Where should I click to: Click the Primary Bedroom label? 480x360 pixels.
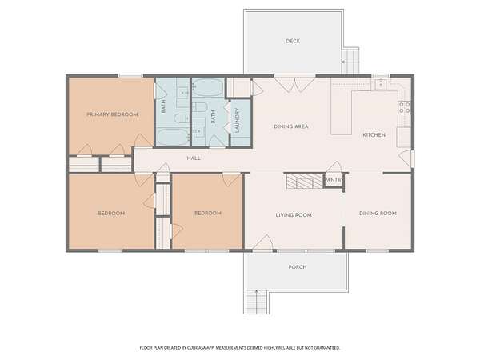(112, 114)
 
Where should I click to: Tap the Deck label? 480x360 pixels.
(293, 41)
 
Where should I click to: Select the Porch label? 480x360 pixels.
(298, 267)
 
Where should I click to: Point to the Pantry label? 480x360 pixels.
(334, 180)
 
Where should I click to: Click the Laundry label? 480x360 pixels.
(237, 120)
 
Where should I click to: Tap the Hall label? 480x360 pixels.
(194, 158)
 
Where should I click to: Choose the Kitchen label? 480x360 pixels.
(374, 135)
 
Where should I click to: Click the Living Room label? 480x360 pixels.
(294, 215)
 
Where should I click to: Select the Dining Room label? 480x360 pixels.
(378, 214)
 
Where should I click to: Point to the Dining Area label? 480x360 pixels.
(291, 126)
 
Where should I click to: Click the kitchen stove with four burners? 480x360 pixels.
(404, 107)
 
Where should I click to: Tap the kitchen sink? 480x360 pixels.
(381, 83)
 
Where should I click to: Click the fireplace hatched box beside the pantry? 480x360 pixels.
(304, 182)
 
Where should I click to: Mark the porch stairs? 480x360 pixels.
(257, 302)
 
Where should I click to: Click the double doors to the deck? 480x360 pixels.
(294, 83)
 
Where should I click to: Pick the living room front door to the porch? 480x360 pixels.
(262, 243)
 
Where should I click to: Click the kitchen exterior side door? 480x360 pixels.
(406, 158)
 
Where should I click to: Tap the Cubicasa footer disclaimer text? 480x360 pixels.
(240, 348)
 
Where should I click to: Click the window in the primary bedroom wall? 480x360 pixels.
(130, 76)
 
